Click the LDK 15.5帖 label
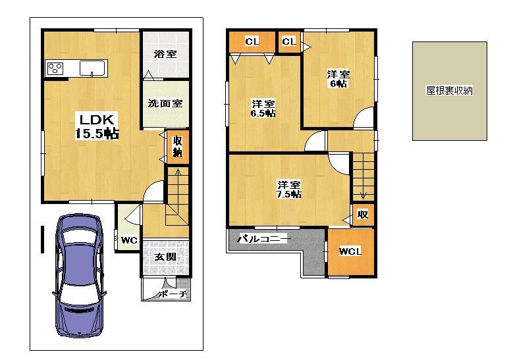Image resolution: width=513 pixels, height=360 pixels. point(99,126)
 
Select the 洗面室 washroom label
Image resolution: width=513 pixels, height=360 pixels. point(165,103)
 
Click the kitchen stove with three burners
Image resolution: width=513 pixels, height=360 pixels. point(55,68)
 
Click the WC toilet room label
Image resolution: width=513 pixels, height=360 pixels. point(129,240)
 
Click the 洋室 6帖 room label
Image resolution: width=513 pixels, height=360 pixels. point(338,79)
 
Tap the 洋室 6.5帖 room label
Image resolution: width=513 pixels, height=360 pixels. point(263,109)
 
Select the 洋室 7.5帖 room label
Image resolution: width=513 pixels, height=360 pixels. point(288,189)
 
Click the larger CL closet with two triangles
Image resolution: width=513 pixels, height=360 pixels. point(252,41)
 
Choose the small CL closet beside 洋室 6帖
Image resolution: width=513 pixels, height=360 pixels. point(288,41)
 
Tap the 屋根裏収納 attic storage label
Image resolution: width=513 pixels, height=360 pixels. point(450,91)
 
